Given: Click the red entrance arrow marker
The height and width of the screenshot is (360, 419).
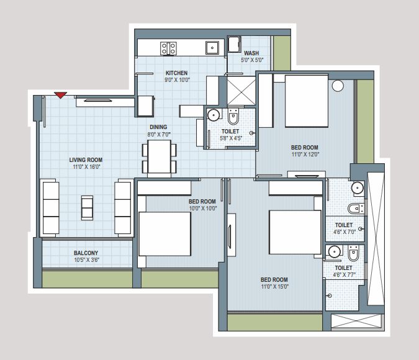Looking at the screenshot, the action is [61, 95].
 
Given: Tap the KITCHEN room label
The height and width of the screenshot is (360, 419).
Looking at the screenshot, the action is [177, 73].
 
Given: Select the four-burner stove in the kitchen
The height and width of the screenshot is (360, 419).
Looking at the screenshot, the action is [168, 48].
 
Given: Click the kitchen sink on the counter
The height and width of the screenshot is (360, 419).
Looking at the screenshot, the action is [212, 48].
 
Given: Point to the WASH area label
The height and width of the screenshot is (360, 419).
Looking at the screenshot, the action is [251, 53].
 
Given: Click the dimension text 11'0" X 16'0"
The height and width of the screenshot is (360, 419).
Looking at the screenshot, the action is [86, 167].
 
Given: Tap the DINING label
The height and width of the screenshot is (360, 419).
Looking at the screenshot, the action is [158, 127].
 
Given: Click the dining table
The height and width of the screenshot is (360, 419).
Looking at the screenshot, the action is [160, 158].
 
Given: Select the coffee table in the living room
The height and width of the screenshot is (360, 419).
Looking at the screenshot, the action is [87, 208].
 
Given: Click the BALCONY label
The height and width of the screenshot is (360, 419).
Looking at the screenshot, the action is [86, 253].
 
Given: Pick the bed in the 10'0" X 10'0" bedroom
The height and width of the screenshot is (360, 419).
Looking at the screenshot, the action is [165, 234].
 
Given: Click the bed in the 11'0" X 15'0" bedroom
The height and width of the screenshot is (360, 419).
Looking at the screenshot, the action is [295, 232].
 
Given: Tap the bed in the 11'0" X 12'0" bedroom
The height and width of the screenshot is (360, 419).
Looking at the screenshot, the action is [307, 101].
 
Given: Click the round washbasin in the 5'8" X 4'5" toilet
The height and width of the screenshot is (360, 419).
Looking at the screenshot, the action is [214, 115].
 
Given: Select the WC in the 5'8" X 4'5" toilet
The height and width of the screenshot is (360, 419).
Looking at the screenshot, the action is [233, 116].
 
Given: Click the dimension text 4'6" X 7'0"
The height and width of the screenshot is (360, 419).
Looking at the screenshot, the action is [344, 232].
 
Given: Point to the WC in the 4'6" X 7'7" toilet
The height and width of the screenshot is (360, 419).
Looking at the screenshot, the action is [353, 253].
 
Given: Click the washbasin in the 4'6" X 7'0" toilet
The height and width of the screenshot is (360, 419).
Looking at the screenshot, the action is [358, 187].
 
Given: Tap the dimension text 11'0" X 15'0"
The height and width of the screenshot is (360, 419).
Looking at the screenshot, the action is [275, 287].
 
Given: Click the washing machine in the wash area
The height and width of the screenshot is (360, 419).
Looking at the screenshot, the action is [235, 44].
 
